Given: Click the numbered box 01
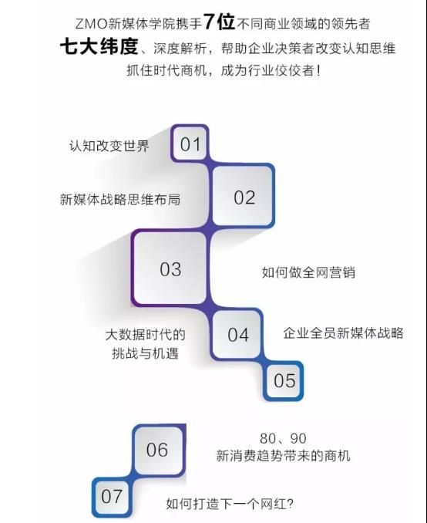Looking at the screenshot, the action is (x=190, y=143).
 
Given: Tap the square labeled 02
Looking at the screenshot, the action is (x=244, y=197).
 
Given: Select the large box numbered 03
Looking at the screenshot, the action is (x=170, y=268).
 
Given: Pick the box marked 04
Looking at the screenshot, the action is (x=237, y=335).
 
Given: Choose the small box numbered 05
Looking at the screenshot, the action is (x=284, y=380).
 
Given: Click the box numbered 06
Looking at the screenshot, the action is (x=157, y=449).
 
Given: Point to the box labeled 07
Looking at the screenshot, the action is (x=111, y=496).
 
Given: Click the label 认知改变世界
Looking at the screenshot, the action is (x=109, y=146).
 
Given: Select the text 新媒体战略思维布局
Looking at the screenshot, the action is (x=120, y=199).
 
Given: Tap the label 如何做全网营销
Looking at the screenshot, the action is (x=308, y=272).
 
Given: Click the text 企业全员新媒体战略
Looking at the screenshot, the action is (x=343, y=333).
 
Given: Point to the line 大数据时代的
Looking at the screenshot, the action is (x=146, y=335).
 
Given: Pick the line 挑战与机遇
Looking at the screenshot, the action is (x=146, y=353).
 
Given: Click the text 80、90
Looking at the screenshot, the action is (x=283, y=438).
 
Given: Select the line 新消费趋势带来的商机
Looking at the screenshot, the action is (x=284, y=455).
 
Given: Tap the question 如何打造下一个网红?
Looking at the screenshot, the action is (x=230, y=504).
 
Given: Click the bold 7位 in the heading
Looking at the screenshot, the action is (x=220, y=22).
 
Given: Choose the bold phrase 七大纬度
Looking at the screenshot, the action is (x=99, y=46).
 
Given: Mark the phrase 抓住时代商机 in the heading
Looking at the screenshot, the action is (x=166, y=70).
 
